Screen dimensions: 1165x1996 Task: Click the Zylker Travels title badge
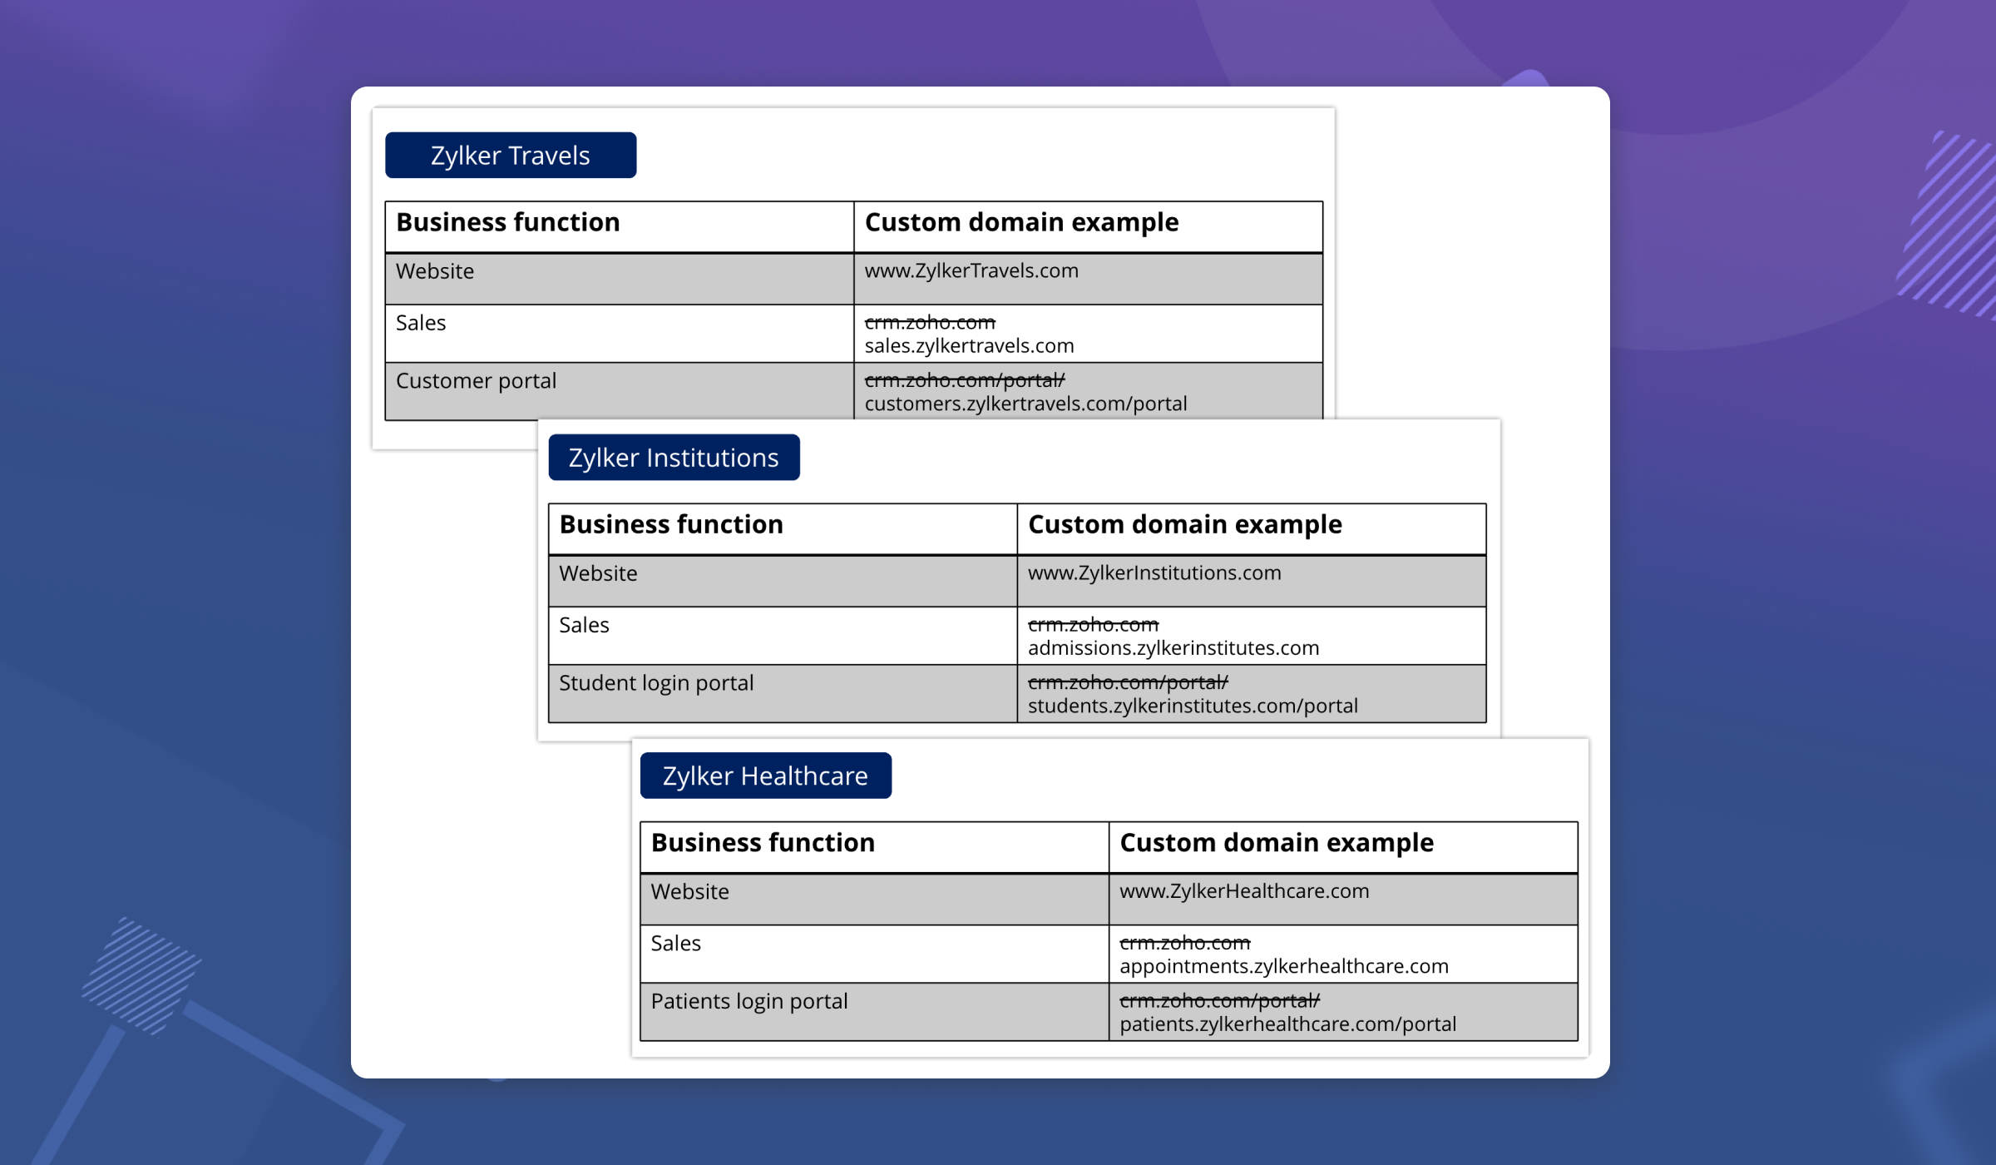(x=511, y=156)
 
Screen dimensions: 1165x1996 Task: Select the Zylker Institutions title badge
(x=674, y=458)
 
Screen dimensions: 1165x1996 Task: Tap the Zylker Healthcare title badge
(x=765, y=776)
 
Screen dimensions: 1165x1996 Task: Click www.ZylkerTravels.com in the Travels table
(x=971, y=271)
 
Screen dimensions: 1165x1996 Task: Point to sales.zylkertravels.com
(x=969, y=345)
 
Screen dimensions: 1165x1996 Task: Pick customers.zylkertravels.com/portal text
(x=1025, y=404)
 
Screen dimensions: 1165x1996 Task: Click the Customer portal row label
(x=476, y=381)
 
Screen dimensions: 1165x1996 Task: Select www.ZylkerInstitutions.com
(x=1154, y=573)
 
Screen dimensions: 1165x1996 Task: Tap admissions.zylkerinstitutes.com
(x=1173, y=647)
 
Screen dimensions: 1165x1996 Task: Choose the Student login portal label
(x=656, y=683)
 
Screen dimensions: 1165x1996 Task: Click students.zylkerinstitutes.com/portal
(x=1193, y=706)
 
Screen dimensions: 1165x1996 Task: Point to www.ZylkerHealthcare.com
(x=1244, y=891)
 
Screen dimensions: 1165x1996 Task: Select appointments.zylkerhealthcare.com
(x=1283, y=966)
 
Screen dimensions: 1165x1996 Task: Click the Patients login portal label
(x=748, y=1001)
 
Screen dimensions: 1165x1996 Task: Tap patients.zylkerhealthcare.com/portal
(x=1287, y=1024)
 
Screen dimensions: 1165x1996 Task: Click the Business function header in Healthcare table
(x=763, y=843)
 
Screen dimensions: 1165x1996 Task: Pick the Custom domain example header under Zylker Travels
(x=1021, y=223)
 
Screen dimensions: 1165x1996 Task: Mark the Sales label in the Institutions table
(x=584, y=625)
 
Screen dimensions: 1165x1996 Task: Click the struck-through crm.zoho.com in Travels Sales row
(x=930, y=322)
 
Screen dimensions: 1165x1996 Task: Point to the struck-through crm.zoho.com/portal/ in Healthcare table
(x=1219, y=1000)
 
